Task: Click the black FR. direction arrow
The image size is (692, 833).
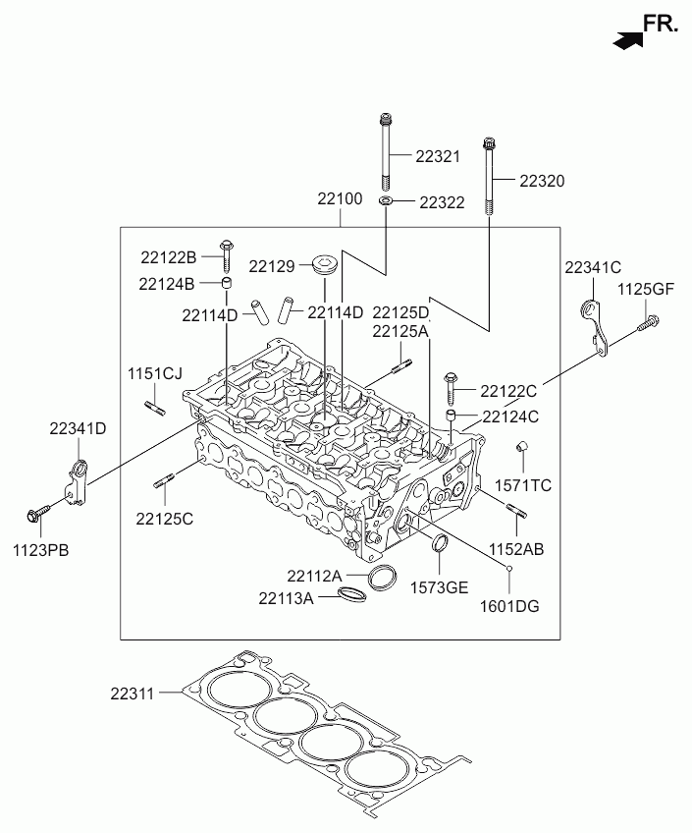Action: (x=627, y=40)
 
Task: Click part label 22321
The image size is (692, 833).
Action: (x=437, y=157)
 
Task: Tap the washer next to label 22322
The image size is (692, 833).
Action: (x=386, y=201)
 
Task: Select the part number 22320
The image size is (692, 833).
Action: (x=542, y=181)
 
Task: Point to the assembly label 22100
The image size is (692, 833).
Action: (x=340, y=198)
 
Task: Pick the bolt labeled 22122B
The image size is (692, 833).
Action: (x=226, y=255)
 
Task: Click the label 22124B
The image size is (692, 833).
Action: (x=167, y=284)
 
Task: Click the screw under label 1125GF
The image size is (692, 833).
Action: (x=649, y=323)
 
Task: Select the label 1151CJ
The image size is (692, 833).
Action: (x=155, y=374)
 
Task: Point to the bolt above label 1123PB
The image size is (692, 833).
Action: (x=37, y=513)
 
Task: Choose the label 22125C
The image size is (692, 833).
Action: (x=165, y=519)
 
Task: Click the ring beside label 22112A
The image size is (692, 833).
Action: (x=382, y=578)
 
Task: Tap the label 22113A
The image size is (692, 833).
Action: (x=286, y=599)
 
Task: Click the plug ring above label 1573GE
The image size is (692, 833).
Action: (x=441, y=543)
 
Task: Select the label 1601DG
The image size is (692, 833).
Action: (x=509, y=606)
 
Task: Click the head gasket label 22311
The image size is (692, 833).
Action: (x=133, y=694)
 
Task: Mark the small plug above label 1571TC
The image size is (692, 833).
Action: (x=522, y=446)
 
